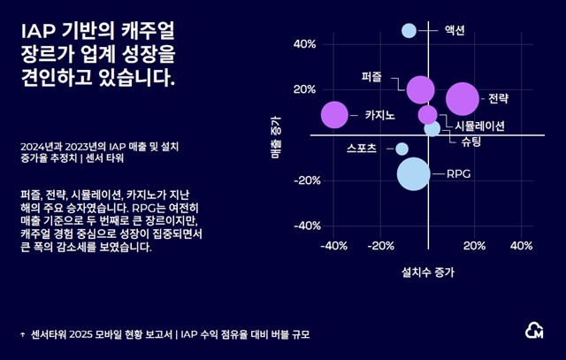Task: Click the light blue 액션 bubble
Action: [x=409, y=31]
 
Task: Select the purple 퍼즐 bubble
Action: [x=421, y=88]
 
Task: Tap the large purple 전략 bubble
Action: [x=463, y=99]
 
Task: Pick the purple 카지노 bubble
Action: [x=334, y=114]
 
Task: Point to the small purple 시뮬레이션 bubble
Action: [x=428, y=114]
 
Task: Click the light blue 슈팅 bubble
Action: [x=432, y=128]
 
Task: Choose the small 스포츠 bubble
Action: [x=402, y=149]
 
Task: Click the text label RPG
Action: [x=458, y=173]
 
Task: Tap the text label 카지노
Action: [x=379, y=115]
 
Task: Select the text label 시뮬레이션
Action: [x=473, y=126]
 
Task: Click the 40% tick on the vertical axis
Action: [x=305, y=44]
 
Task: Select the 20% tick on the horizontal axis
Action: [x=474, y=245]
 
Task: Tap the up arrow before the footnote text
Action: [x=22, y=335]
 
